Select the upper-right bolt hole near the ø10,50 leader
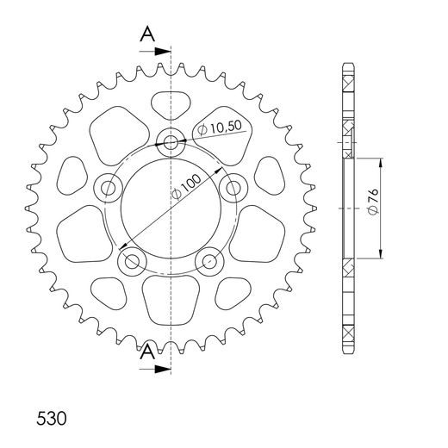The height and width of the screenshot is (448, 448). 231,185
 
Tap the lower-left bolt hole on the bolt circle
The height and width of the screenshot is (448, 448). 132,259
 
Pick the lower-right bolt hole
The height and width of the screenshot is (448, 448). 208,259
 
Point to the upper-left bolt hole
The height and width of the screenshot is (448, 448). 109,186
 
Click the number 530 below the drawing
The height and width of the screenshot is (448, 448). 53,420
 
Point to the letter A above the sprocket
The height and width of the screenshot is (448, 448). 147,34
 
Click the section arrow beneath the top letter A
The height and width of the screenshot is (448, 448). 160,53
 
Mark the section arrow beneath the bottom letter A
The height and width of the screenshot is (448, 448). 160,369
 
